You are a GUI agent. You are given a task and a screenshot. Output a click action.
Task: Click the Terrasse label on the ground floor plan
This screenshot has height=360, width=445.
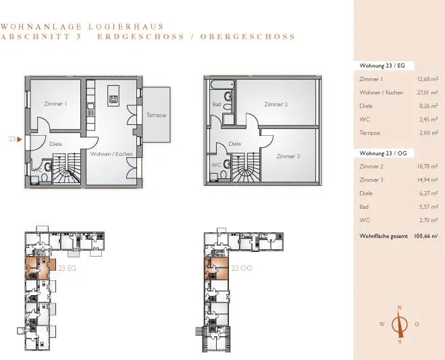coord(156,115)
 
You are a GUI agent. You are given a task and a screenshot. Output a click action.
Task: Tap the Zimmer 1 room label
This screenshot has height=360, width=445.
coord(55,103)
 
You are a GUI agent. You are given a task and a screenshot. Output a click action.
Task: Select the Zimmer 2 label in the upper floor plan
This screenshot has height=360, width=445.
coord(276,104)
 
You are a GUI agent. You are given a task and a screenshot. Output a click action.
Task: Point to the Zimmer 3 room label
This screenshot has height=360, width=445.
coord(288,156)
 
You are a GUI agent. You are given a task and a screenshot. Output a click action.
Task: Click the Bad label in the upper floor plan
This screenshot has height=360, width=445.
coord(217,104)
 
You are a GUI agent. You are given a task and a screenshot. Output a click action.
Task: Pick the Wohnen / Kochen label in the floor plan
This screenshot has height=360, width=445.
coord(111,154)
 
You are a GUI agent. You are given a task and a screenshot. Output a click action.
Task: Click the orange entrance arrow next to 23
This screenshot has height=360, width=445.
coord(20,139)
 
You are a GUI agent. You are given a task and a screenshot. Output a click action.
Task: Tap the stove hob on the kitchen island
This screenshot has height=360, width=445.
coord(113,99)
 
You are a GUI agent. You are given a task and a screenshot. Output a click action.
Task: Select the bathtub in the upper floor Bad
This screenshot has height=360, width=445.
coord(222,84)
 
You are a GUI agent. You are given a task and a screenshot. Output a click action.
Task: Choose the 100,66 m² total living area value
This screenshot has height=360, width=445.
coord(425,236)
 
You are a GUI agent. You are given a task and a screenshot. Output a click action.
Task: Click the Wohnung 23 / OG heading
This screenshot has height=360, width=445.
coord(383,153)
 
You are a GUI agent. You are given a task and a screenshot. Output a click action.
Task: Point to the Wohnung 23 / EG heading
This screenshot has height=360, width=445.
coord(382,66)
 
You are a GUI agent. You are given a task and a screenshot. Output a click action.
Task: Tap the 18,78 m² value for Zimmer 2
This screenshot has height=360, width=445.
coord(427,166)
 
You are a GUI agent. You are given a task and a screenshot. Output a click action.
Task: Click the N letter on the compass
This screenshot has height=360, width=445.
coord(400,307)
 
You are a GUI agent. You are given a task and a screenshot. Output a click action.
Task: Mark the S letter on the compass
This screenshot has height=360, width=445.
coord(400,342)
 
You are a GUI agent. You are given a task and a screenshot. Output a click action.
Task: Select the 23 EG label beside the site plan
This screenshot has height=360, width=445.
coord(67,268)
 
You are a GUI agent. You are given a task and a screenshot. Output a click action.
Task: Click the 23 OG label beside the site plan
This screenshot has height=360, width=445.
coord(242,268)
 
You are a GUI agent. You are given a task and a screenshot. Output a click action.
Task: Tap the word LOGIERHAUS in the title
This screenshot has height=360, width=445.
coord(126,27)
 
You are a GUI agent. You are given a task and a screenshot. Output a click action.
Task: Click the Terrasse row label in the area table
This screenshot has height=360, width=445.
coord(369,132)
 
